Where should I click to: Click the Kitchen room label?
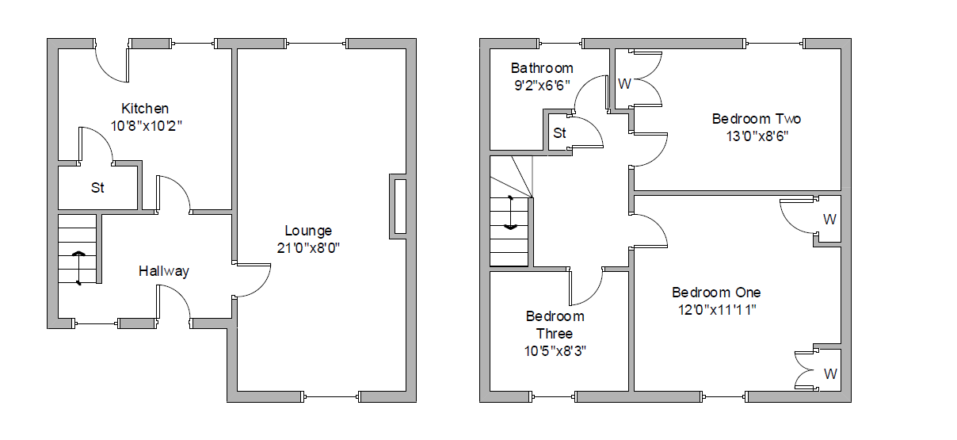click(145, 109)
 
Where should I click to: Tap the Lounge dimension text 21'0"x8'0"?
click(308, 248)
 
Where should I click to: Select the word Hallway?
click(164, 271)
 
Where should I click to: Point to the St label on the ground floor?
click(97, 188)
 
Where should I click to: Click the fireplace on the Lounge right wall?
click(398, 206)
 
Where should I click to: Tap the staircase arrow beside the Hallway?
click(78, 268)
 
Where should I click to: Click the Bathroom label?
click(542, 68)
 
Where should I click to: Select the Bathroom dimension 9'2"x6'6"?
click(542, 86)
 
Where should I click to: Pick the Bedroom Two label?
click(757, 119)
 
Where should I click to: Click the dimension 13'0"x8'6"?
click(757, 136)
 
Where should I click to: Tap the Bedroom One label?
click(716, 293)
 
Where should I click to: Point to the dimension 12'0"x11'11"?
click(717, 310)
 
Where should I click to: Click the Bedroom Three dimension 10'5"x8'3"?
click(555, 351)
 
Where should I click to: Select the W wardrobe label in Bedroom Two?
click(624, 84)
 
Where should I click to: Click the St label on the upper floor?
click(559, 133)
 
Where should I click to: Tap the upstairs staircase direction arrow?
click(510, 212)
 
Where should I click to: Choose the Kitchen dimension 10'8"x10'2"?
click(146, 126)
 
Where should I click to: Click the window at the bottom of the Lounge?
click(331, 397)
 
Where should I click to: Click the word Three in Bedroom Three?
click(554, 334)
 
